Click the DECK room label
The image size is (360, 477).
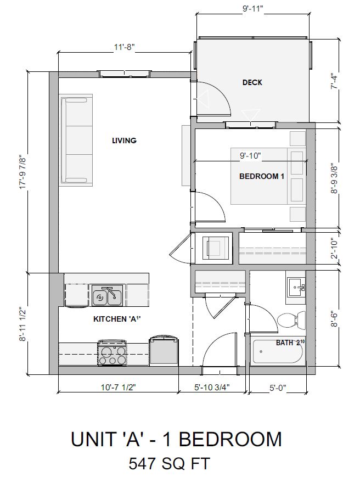click(x=252, y=82)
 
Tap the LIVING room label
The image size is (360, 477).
click(x=124, y=141)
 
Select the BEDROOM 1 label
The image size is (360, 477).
click(x=261, y=176)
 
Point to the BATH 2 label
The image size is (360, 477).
click(x=289, y=343)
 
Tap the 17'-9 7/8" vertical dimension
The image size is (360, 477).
click(x=24, y=171)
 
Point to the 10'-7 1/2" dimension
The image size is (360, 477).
click(x=117, y=388)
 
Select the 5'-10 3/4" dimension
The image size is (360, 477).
click(x=212, y=388)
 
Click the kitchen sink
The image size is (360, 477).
click(x=107, y=297)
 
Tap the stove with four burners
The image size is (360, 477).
click(x=112, y=353)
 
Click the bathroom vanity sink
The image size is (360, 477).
click(x=296, y=287)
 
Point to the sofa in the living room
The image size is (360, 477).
click(x=77, y=139)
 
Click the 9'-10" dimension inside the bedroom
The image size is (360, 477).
click(x=250, y=156)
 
